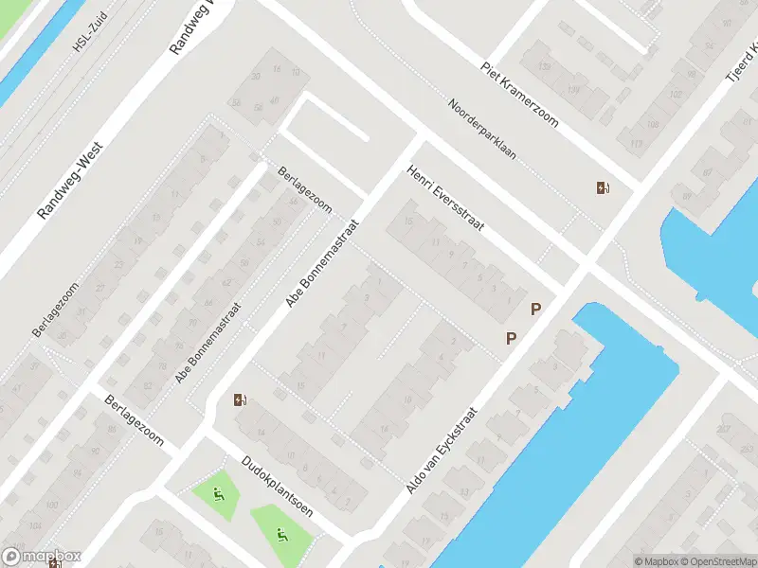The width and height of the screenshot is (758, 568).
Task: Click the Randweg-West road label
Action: coord(70,181)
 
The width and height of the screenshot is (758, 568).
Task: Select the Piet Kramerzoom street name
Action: coord(519,96)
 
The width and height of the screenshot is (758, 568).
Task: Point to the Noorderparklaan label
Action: coord(482,130)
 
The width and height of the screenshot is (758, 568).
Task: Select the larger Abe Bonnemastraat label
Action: coord(323,264)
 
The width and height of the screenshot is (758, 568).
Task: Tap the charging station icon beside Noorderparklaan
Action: coord(603,187)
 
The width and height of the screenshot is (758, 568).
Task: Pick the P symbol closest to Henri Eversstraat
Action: coord(536,309)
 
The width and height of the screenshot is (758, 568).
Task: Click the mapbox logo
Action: coord(42,557)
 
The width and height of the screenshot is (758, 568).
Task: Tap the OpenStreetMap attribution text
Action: coord(716,561)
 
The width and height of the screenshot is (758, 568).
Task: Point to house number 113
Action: coord(636,143)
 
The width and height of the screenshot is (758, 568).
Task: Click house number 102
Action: coord(676,95)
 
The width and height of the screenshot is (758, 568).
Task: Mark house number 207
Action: coord(724,429)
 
